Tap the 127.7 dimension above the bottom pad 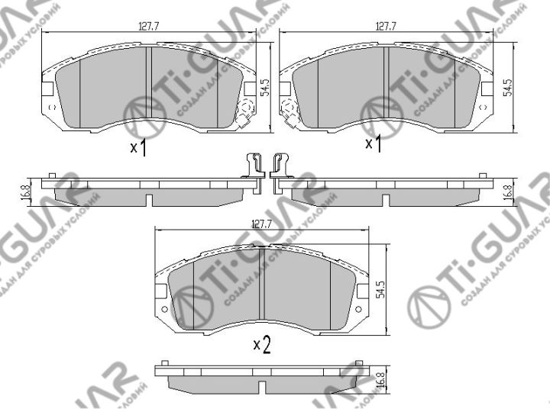coord(262,224)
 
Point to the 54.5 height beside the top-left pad coord(265,89)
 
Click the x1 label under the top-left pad coord(138,147)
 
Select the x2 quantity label coord(262,345)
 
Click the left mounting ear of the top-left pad coord(47,89)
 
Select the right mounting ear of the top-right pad coord(485,89)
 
